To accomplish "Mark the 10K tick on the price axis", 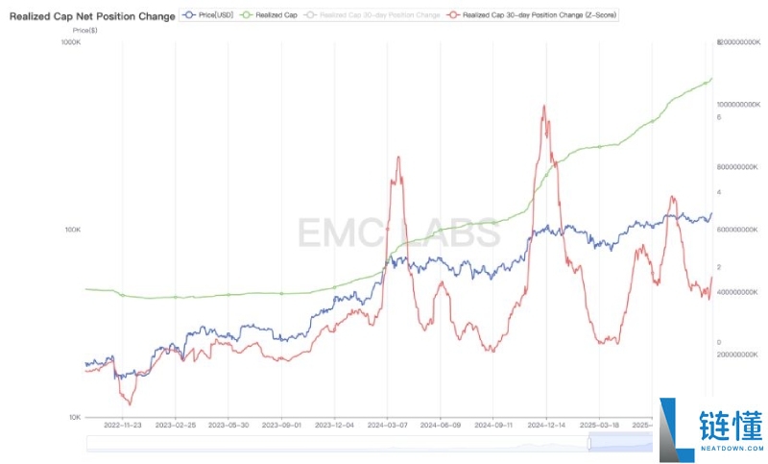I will pyautogui.click(x=75, y=417).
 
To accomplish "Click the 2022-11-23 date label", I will pyautogui.click(x=123, y=425).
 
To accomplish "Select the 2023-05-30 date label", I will pyautogui.click(x=228, y=425).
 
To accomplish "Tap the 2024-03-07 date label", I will pyautogui.click(x=387, y=425).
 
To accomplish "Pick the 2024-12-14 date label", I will pyautogui.click(x=546, y=425).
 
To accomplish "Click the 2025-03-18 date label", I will pyautogui.click(x=599, y=425).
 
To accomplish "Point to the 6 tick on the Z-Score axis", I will pyautogui.click(x=718, y=117).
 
